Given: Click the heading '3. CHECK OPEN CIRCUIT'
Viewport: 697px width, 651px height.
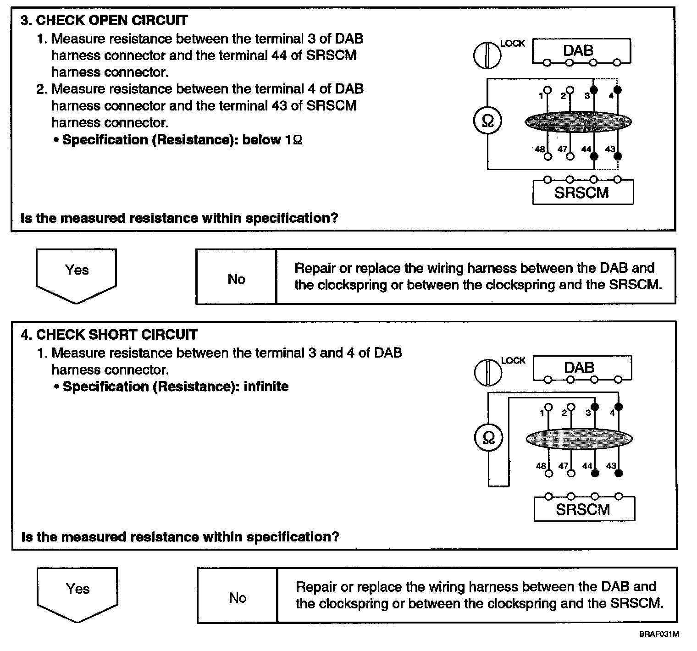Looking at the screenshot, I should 105,21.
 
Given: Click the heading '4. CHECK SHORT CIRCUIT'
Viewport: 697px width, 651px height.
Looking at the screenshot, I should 109,335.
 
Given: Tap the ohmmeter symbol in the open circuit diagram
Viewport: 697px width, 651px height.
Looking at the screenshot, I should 488,121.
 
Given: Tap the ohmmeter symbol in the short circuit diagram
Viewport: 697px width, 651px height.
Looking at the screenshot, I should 489,439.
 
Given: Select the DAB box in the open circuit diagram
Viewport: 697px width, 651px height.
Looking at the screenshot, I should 581,51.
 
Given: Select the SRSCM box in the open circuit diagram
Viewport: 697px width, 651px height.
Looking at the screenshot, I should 582,192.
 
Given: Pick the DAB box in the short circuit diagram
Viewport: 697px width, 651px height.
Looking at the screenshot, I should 582,368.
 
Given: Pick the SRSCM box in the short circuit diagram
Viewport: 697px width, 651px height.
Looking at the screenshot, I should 584,509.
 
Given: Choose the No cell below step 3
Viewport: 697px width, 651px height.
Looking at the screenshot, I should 236,279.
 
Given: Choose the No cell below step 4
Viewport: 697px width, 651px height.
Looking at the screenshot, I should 238,597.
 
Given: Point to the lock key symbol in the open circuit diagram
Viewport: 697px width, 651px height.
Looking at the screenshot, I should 487,55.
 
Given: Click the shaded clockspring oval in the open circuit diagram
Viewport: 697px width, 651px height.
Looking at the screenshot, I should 578,121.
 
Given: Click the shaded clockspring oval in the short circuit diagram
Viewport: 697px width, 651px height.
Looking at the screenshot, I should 579,439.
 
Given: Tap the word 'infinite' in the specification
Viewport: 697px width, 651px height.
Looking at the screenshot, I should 266,386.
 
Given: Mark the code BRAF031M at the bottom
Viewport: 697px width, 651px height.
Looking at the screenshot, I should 659,634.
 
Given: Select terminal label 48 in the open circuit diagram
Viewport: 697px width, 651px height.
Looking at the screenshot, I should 540,149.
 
